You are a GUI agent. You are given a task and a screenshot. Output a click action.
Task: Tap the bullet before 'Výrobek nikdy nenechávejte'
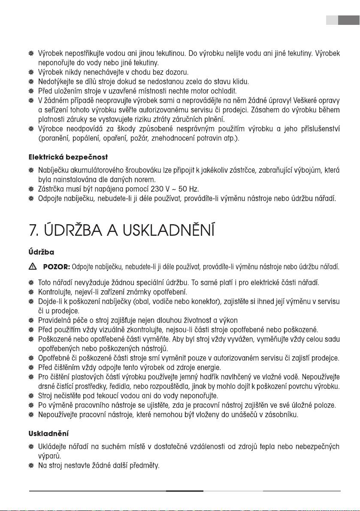point(31,72)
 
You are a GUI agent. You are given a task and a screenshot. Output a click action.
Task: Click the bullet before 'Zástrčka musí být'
point(31,189)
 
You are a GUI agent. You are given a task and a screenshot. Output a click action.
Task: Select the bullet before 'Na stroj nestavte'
point(31,465)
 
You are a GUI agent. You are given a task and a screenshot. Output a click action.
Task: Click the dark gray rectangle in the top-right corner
point(348,20)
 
